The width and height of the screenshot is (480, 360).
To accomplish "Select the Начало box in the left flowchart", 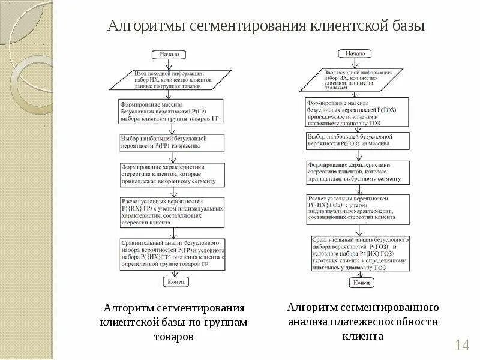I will click(x=169, y=55).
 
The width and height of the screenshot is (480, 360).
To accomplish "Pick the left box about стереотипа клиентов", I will click(x=172, y=174).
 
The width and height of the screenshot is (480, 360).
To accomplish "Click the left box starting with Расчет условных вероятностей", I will click(x=172, y=210).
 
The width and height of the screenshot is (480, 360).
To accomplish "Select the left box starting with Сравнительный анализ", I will click(x=172, y=253).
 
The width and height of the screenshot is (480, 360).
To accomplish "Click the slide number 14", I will click(x=461, y=345).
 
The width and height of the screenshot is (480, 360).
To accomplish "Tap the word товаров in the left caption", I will click(x=173, y=337).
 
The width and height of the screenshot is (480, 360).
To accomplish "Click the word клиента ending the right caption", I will click(x=363, y=336).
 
